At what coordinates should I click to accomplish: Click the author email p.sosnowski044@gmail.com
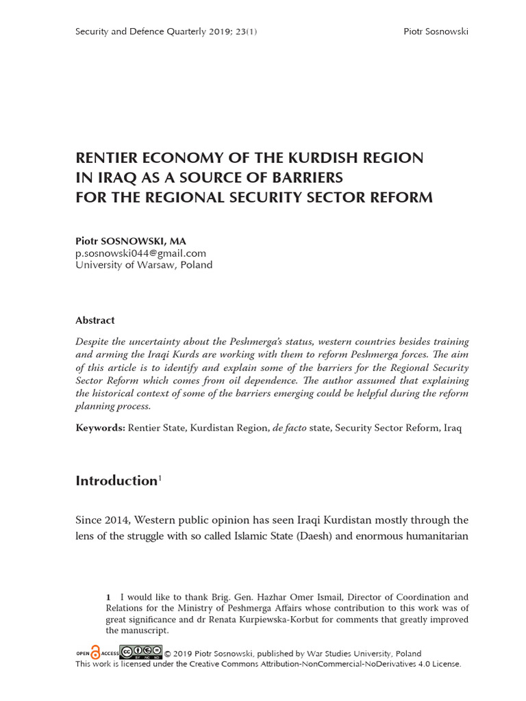(x=140, y=253)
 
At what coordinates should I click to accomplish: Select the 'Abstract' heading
(x=95, y=320)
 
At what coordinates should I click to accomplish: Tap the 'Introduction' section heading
(x=116, y=481)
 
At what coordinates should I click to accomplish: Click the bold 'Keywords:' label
(x=100, y=429)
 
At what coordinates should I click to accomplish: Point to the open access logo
(x=97, y=652)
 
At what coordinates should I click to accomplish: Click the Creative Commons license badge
(x=141, y=652)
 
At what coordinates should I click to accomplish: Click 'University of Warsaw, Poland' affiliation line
(x=144, y=265)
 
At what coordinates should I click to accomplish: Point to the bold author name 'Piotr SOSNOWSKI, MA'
(x=130, y=241)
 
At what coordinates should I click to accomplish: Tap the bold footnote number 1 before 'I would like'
(x=108, y=598)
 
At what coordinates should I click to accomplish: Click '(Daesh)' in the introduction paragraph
(x=316, y=536)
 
